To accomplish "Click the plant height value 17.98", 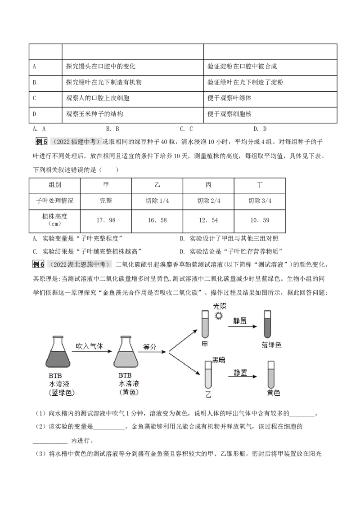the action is click(x=106, y=220).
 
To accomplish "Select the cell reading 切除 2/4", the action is click(x=209, y=201).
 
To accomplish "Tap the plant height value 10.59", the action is click(x=260, y=220).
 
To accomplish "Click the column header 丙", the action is click(x=208, y=185).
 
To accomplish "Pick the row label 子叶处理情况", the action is click(x=54, y=201).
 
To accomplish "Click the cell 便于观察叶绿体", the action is click(x=229, y=98).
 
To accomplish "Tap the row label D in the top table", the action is click(x=35, y=114).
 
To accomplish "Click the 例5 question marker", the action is click(x=41, y=142).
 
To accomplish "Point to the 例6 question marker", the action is click(x=38, y=264).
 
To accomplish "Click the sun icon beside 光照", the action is click(x=219, y=316).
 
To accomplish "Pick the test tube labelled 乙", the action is click(x=208, y=375).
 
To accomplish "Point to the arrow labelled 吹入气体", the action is click(x=92, y=351).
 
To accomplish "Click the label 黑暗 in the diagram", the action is click(x=219, y=360).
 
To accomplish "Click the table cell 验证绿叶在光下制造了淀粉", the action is click(x=245, y=82).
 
